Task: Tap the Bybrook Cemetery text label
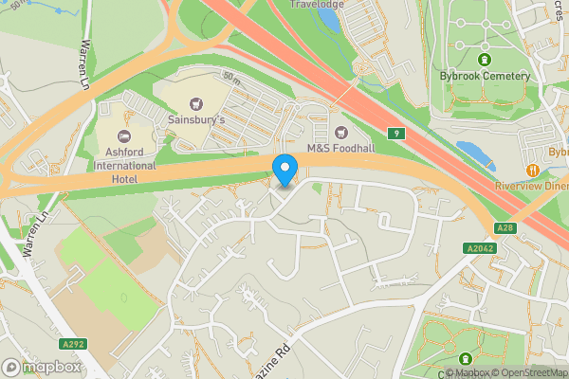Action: point(485,76)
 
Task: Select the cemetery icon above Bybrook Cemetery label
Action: point(485,60)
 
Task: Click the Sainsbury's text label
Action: point(197,119)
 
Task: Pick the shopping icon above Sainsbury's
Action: point(197,102)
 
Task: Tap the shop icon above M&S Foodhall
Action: point(340,130)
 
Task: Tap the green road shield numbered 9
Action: point(401,134)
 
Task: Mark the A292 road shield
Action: point(74,345)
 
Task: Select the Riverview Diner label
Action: point(531,187)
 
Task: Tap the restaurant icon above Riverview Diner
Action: point(533,170)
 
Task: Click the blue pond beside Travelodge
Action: point(329,16)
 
